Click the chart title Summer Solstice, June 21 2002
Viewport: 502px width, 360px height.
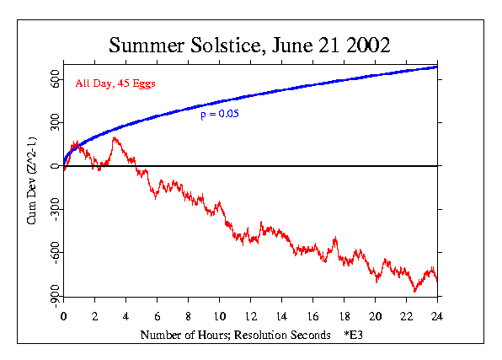[249, 45]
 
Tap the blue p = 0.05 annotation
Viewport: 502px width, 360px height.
[220, 114]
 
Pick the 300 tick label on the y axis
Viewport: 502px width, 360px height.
[52, 124]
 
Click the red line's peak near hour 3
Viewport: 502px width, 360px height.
[114, 137]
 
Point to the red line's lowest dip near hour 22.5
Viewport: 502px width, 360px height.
[414, 291]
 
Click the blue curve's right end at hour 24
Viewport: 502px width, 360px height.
[436, 66]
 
